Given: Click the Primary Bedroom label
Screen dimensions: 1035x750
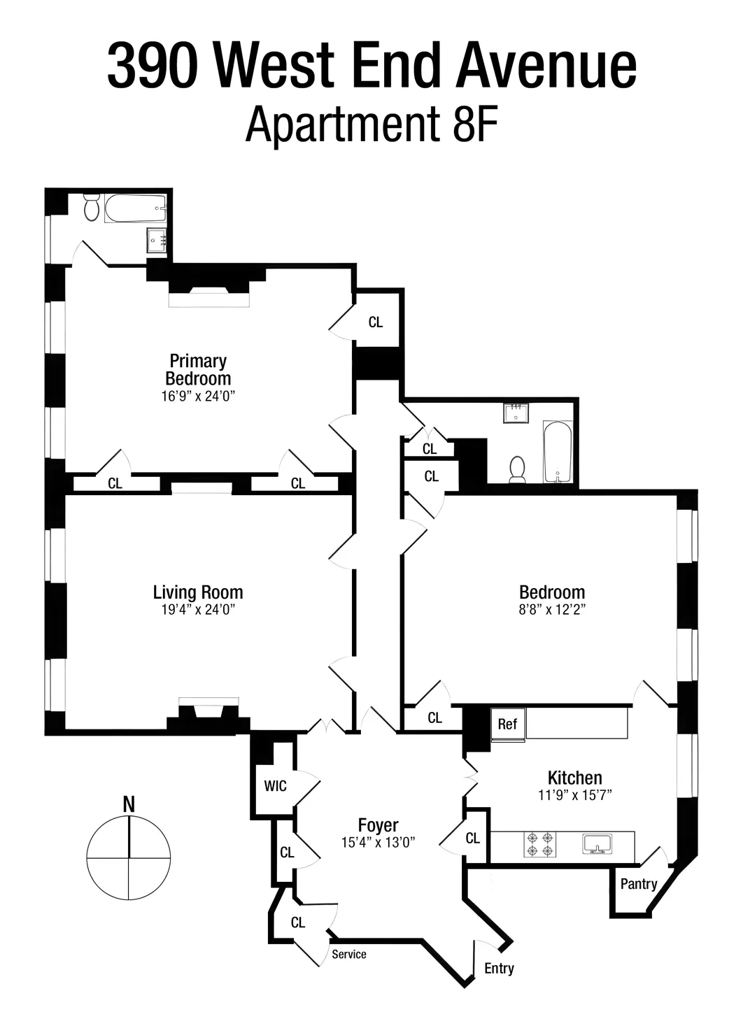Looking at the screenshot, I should (198, 369).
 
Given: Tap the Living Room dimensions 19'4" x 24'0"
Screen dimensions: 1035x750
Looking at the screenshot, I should (197, 609).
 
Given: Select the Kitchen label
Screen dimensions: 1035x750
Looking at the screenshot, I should (574, 777).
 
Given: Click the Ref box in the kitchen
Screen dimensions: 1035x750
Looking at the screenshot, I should (507, 724).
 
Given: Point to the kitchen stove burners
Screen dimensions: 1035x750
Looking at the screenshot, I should (540, 844).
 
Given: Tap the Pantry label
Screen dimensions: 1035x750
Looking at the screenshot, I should (638, 884).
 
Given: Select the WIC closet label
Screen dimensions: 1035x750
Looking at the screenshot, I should (275, 786).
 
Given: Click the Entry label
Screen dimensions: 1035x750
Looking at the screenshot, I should (499, 969).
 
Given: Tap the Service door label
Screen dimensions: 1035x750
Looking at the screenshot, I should (348, 954).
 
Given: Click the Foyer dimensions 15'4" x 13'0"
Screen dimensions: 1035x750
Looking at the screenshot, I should (378, 842).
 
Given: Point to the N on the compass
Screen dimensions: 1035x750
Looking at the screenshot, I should (129, 804).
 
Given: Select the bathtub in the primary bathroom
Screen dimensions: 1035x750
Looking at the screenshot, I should (136, 208).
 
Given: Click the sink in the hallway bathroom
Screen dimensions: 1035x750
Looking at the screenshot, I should (516, 413).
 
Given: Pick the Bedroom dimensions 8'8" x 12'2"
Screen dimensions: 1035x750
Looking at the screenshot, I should (552, 609).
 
